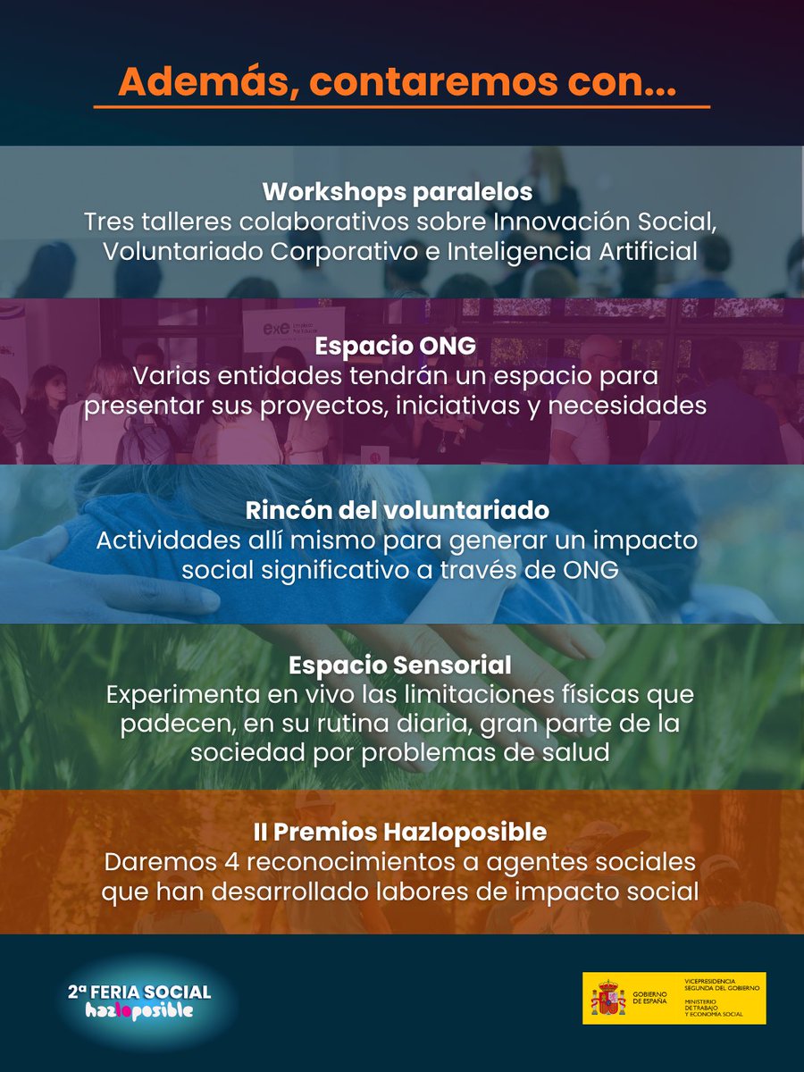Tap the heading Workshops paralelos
click(x=398, y=192)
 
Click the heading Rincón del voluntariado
click(x=398, y=510)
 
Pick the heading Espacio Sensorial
click(x=399, y=665)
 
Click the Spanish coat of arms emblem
click(x=607, y=998)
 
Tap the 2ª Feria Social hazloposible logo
click(x=139, y=1001)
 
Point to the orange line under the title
click(x=401, y=107)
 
